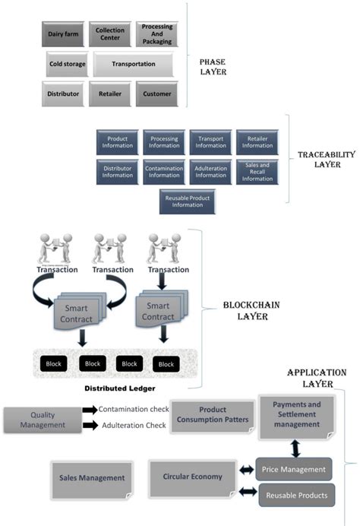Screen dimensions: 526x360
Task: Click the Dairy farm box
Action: [x=63, y=34]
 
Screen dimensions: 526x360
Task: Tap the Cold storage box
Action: [x=67, y=65]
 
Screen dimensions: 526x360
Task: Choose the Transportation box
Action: [x=134, y=65]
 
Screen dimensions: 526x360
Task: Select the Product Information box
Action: [x=117, y=142]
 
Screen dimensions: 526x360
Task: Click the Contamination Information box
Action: [x=163, y=171]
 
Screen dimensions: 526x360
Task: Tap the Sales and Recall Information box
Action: [x=257, y=171]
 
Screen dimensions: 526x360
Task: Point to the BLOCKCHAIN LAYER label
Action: [x=244, y=310]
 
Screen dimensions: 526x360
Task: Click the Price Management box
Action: [x=293, y=470]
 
